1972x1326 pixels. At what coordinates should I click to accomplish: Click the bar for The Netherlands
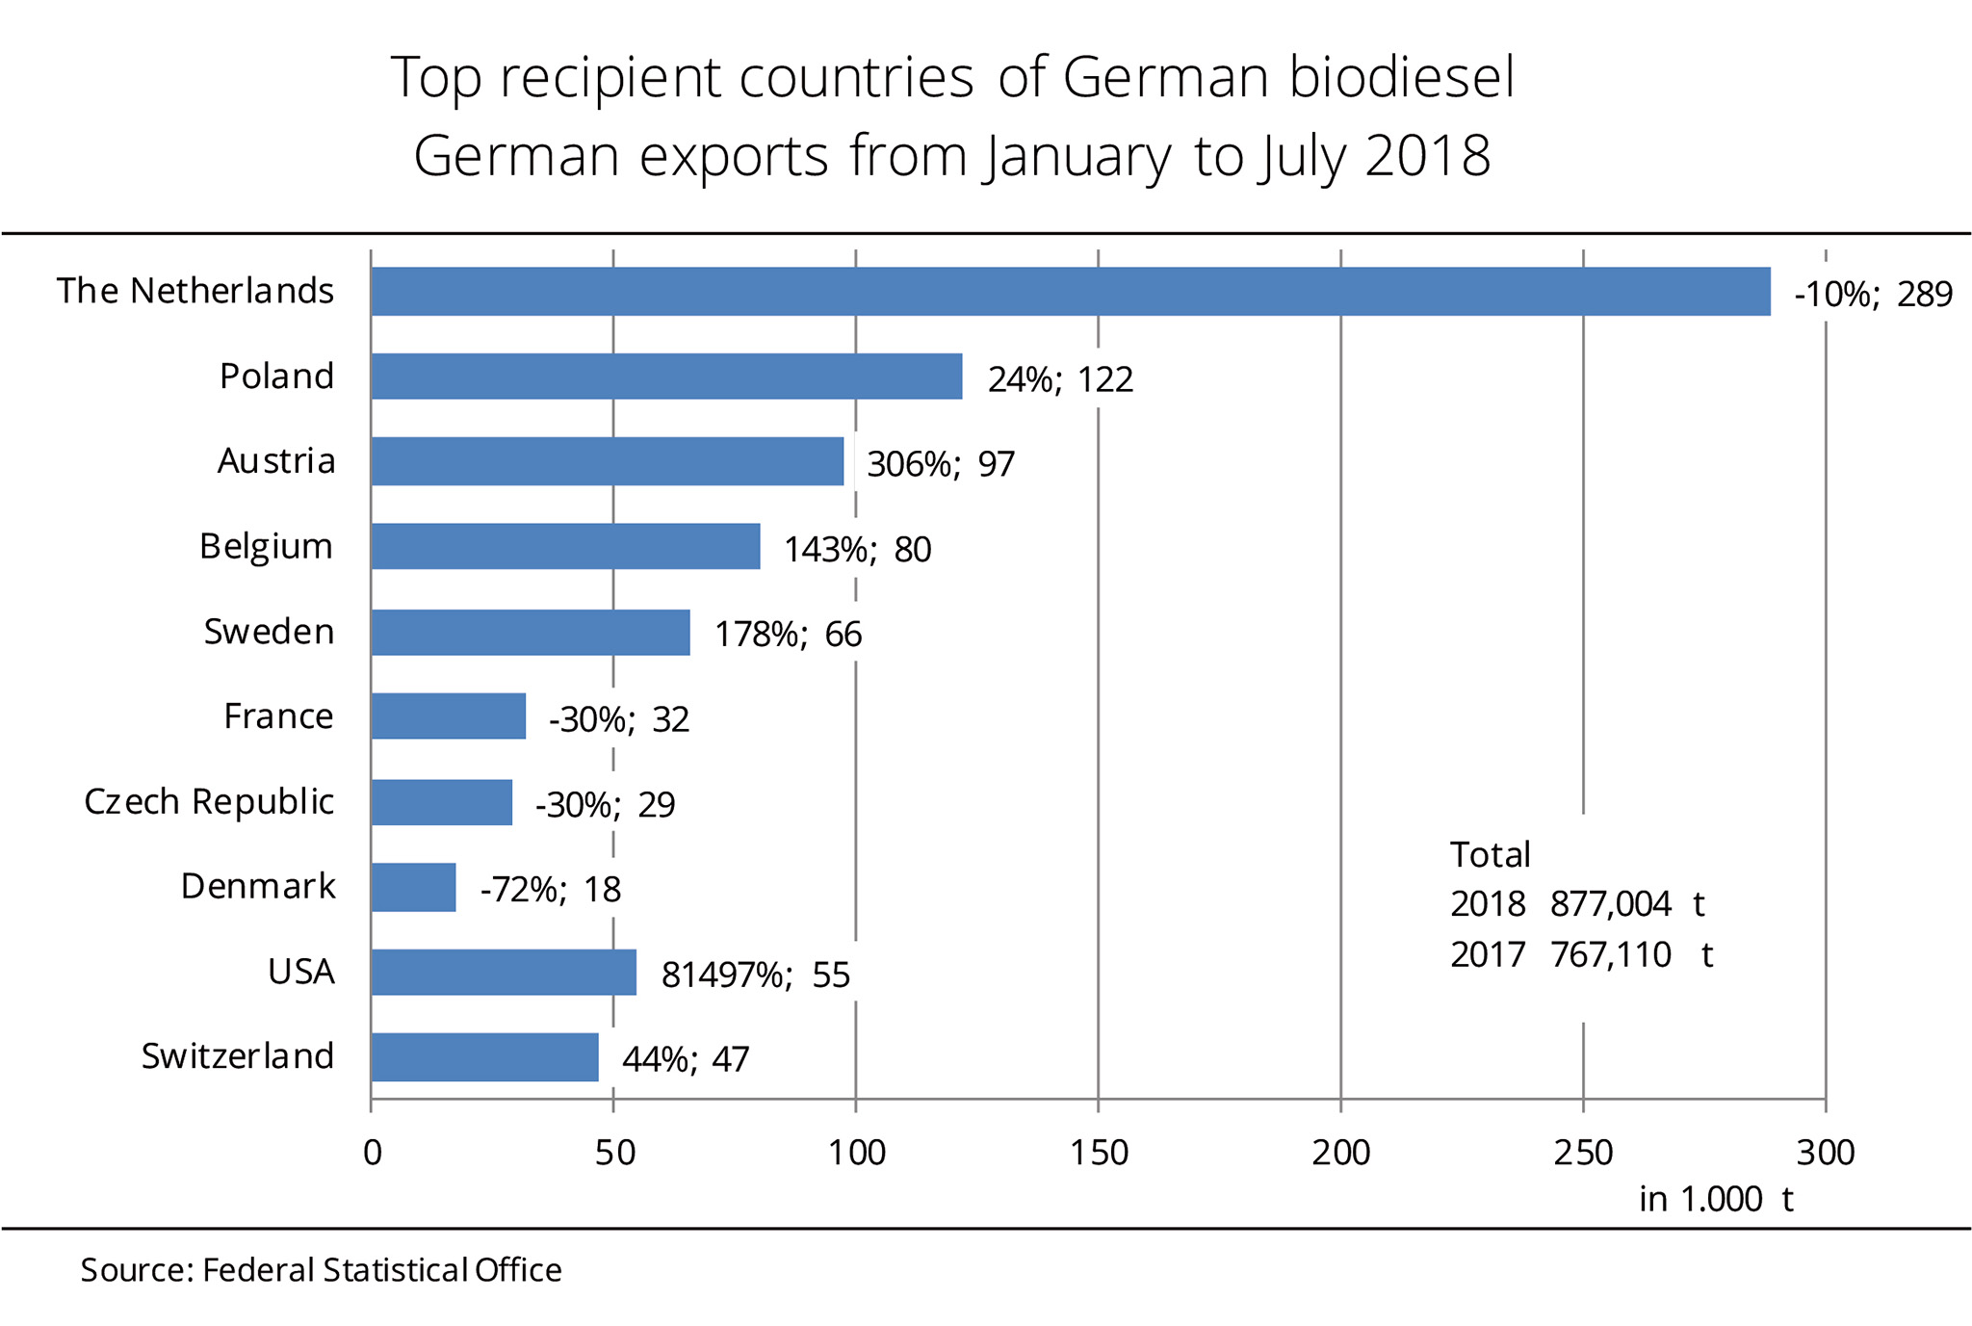(1070, 292)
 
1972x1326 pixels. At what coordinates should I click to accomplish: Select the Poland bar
(666, 377)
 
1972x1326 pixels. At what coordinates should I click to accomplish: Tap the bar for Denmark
(413, 887)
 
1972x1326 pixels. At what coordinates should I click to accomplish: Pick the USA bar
(504, 972)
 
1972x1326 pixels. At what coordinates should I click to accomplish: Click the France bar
(448, 716)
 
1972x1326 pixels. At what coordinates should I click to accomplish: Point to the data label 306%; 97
(941, 464)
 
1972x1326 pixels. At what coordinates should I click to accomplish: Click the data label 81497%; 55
(756, 975)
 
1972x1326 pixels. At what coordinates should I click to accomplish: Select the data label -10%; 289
(1873, 294)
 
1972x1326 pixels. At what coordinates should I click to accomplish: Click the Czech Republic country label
(209, 801)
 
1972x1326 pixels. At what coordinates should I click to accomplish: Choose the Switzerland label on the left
(238, 1056)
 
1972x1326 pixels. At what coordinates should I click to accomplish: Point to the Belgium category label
(266, 546)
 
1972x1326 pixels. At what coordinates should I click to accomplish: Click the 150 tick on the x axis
(1099, 1153)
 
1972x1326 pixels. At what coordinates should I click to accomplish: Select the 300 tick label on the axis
(1826, 1153)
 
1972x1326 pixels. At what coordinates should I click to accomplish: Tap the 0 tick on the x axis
(372, 1153)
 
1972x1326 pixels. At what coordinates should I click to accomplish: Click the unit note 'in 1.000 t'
(1716, 1199)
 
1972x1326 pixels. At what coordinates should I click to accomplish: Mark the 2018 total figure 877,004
(1610, 904)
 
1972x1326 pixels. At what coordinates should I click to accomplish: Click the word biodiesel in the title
(1402, 77)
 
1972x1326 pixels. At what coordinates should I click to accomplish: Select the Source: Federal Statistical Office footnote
(321, 1270)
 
